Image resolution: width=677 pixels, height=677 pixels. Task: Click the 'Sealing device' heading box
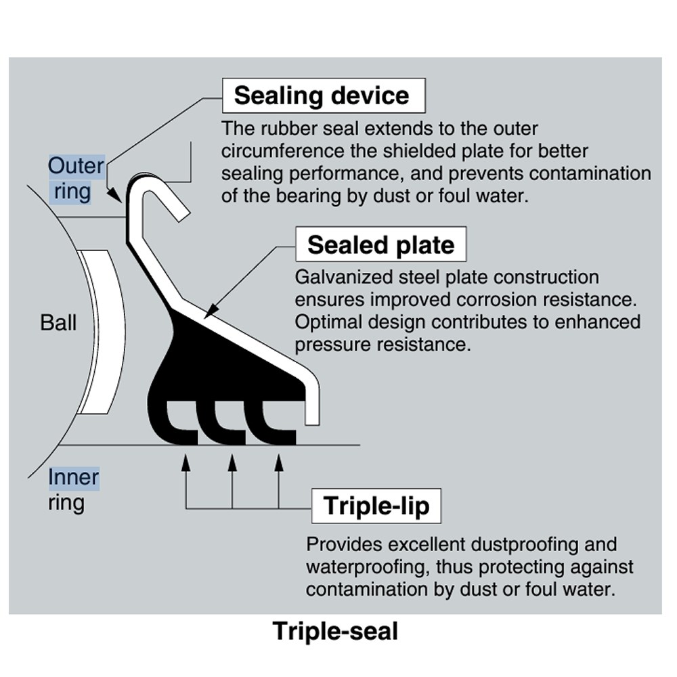(x=323, y=95)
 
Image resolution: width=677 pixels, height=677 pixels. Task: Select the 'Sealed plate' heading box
(x=380, y=244)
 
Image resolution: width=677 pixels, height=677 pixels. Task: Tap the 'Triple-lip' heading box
(x=376, y=506)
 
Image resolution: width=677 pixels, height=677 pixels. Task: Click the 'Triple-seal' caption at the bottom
(x=335, y=631)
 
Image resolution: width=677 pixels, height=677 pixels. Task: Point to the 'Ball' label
(x=58, y=322)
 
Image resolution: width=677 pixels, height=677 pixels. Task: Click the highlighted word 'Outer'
(x=77, y=166)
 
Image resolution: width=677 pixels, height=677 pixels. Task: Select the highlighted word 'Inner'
(x=73, y=478)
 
